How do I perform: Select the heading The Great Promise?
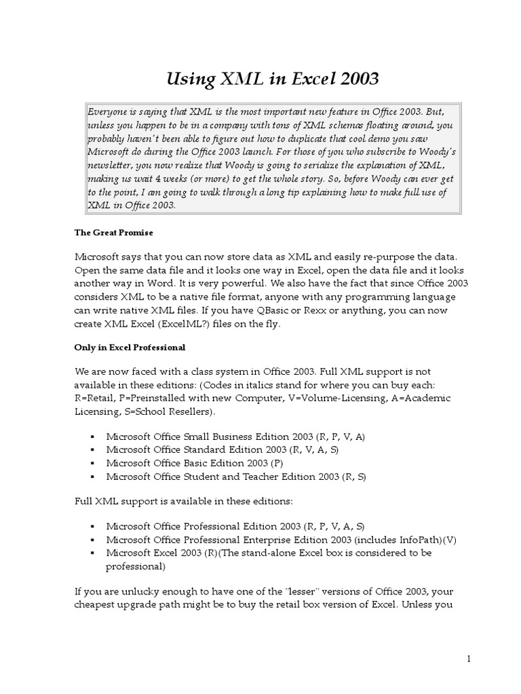tap(113, 232)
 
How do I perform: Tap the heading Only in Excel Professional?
tap(130, 347)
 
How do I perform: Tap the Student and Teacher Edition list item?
tap(236, 476)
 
